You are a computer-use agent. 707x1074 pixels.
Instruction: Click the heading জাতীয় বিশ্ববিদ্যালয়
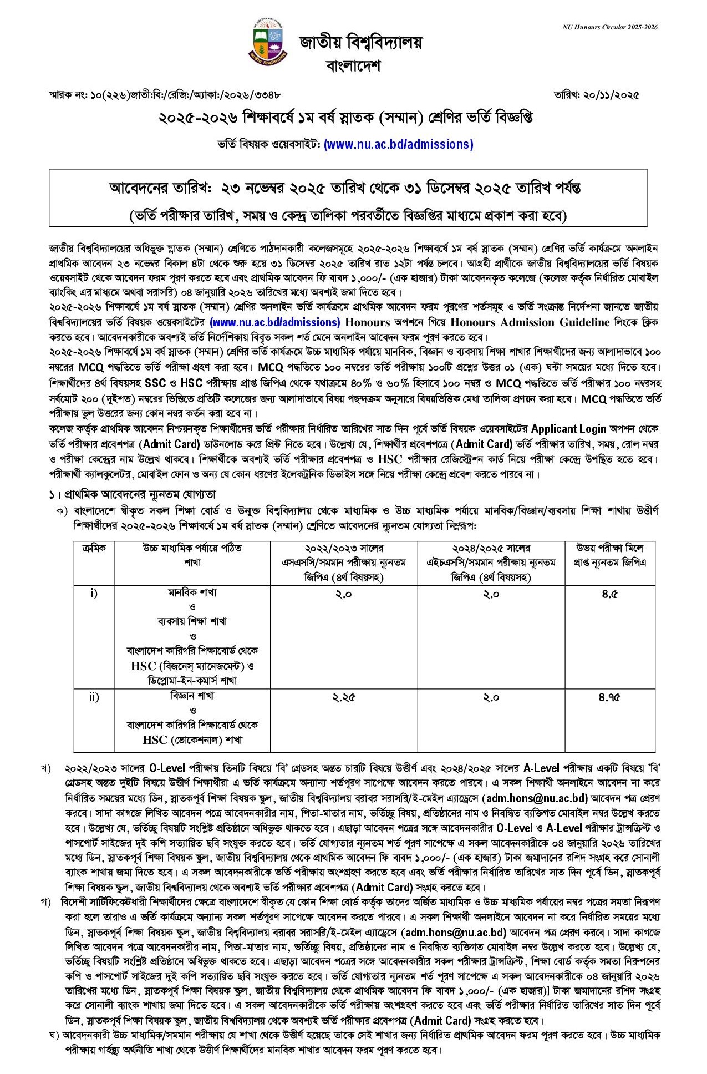click(361, 42)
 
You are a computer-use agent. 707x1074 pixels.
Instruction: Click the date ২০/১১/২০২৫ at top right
click(596, 95)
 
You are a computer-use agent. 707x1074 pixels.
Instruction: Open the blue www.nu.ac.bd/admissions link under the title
click(398, 144)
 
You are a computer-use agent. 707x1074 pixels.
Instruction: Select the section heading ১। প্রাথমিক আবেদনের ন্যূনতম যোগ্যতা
click(132, 494)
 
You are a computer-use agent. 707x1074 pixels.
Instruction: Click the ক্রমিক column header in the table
click(94, 548)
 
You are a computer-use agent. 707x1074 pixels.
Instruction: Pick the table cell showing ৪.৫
click(609, 594)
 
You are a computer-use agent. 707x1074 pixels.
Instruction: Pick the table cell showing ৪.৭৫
click(609, 697)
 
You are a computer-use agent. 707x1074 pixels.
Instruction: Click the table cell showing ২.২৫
click(343, 697)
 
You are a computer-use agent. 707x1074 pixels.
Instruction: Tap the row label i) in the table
click(94, 594)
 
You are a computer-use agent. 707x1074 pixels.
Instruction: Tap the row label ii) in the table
click(94, 697)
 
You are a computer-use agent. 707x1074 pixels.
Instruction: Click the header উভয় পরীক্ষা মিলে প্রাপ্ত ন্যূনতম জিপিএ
click(610, 555)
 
